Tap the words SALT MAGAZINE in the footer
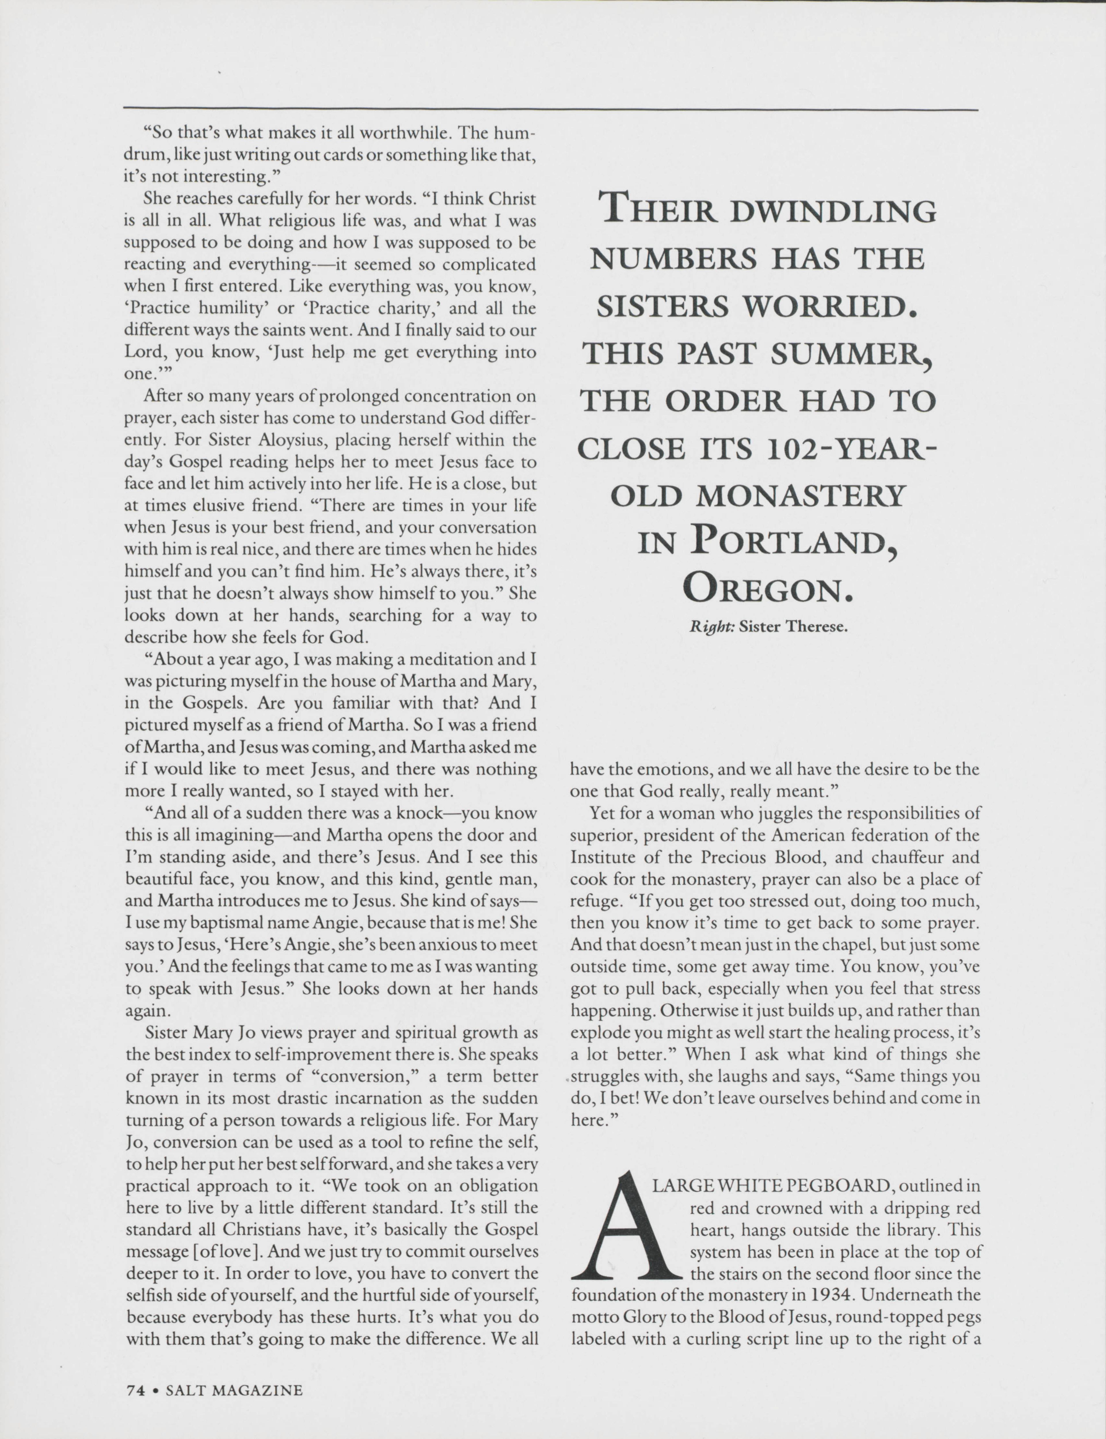234,1390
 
